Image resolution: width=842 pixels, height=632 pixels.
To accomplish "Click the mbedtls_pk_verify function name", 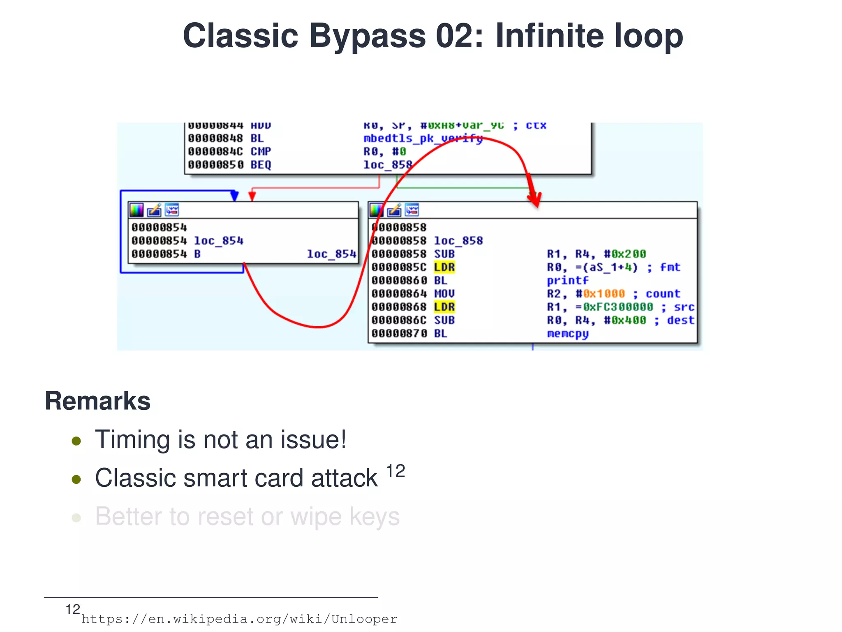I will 423,138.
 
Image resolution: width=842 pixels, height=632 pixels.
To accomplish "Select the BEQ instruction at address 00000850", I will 261,165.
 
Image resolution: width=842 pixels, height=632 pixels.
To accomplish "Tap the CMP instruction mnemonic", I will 261,152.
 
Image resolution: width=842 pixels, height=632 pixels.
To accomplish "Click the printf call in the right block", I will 567,281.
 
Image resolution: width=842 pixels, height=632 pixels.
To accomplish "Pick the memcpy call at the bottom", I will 567,334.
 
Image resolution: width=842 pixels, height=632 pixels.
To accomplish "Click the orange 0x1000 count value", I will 604,294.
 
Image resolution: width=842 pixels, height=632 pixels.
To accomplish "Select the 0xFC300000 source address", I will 618,307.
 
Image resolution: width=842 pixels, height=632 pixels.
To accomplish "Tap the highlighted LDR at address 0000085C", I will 444,267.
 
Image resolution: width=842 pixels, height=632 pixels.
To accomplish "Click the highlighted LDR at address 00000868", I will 444,307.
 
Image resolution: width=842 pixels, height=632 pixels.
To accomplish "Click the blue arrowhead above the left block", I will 234,196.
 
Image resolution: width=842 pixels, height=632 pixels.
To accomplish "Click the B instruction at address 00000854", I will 197,254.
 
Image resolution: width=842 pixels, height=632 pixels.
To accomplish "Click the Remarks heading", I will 97,401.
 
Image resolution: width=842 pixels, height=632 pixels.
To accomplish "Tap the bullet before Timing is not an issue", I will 76,441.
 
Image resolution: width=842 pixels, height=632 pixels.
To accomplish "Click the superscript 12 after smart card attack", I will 396,471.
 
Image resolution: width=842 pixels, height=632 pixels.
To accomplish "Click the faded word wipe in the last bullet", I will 316,517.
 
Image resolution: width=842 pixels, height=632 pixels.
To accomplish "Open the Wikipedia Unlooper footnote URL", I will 239,619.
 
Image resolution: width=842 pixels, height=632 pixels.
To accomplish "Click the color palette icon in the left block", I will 136,210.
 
